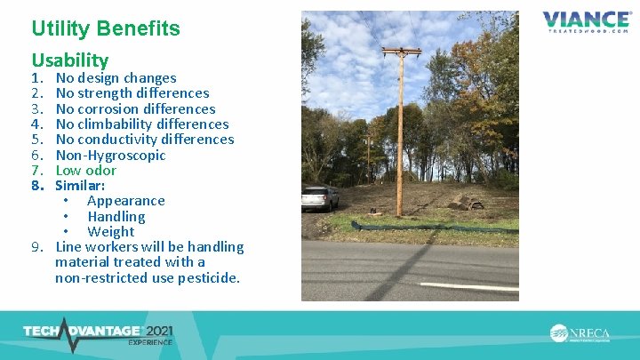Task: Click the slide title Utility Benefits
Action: pos(106,28)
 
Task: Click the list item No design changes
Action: pos(116,78)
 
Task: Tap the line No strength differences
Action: pos(132,93)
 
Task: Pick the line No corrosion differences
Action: pos(135,108)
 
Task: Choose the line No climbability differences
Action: pos(141,124)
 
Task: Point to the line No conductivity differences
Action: pos(144,140)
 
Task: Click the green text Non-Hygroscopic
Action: pos(110,155)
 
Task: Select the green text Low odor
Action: pos(85,170)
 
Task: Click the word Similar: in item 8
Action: pos(80,186)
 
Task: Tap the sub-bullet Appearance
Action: pos(125,201)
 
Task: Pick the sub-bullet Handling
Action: pos(116,216)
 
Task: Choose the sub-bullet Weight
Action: pos(110,231)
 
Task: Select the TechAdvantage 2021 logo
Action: pos(98,332)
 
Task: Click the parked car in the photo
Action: pos(319,196)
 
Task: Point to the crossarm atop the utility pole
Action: pos(400,52)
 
